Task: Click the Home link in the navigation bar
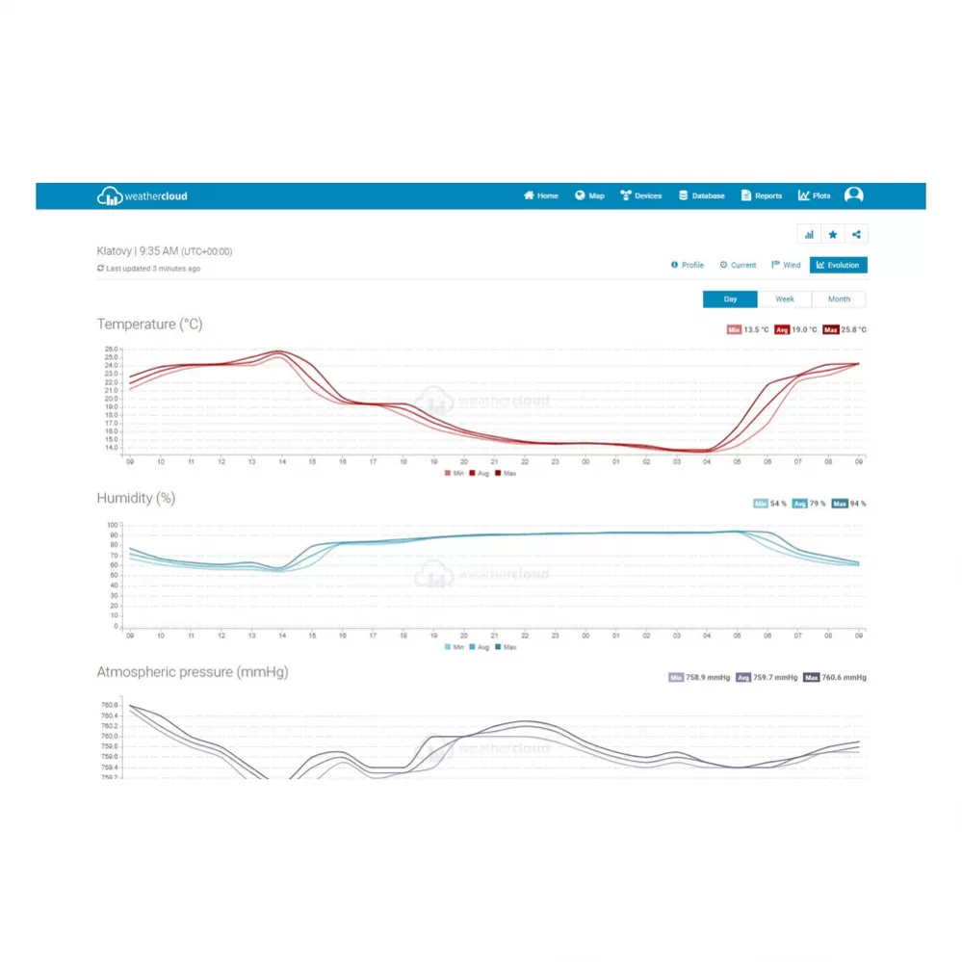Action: click(x=541, y=195)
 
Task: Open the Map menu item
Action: click(x=590, y=195)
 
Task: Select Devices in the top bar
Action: click(x=641, y=195)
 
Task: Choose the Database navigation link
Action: click(x=702, y=195)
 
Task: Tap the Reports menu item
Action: click(x=762, y=195)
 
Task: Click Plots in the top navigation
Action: click(x=815, y=195)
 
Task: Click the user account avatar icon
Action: click(x=853, y=195)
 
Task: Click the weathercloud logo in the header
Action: click(x=143, y=196)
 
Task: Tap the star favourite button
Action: click(x=833, y=234)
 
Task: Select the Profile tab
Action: click(x=688, y=265)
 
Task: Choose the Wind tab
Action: click(x=786, y=265)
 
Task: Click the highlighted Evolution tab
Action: click(x=838, y=265)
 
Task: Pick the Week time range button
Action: click(x=785, y=299)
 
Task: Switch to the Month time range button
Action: click(x=839, y=299)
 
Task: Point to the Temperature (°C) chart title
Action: click(x=149, y=325)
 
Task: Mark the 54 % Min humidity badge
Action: click(x=770, y=504)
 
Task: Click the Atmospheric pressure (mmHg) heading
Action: click(x=193, y=672)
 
